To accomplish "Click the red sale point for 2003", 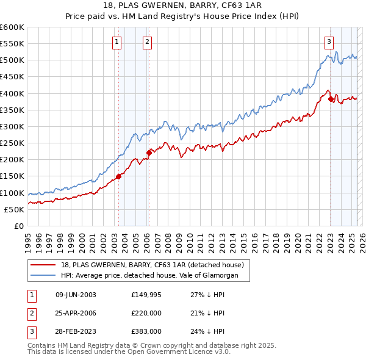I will [118, 176].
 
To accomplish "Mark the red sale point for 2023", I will [331, 99].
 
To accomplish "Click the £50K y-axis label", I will [14, 209].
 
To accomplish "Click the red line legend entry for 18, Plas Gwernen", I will [152, 265].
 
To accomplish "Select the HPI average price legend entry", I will [152, 276].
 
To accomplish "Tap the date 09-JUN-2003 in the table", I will [76, 295].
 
